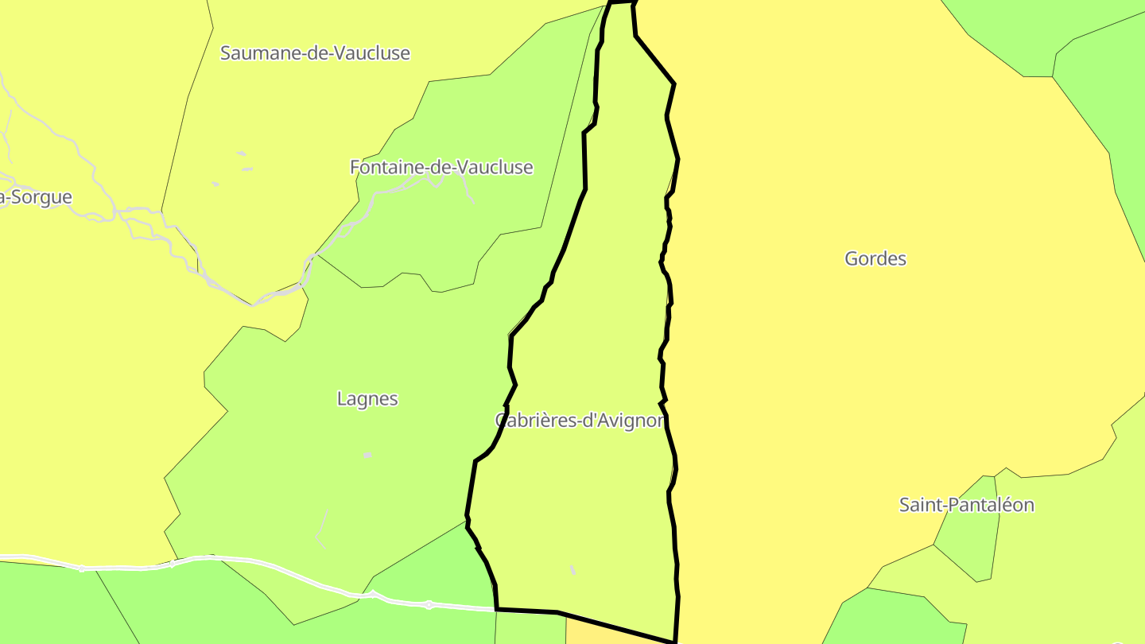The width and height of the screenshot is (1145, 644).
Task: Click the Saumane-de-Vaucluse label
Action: pos(315,53)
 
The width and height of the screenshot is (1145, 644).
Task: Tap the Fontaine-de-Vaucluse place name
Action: pos(441,168)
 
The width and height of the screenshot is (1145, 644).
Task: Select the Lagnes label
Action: pos(367,399)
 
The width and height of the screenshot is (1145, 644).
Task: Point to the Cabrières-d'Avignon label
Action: pos(580,421)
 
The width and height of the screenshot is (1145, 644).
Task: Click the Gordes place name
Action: pos(875,258)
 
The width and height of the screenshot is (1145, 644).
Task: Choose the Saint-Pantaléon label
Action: pos(966,505)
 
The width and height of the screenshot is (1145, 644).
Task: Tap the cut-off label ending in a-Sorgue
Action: pos(36,198)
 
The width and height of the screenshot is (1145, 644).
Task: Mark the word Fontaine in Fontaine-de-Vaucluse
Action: pos(380,168)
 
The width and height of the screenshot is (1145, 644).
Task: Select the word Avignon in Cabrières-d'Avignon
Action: pos(628,421)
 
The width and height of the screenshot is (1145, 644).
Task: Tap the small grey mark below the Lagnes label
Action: pos(367,456)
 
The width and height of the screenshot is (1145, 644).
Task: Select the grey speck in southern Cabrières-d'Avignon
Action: pos(572,570)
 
